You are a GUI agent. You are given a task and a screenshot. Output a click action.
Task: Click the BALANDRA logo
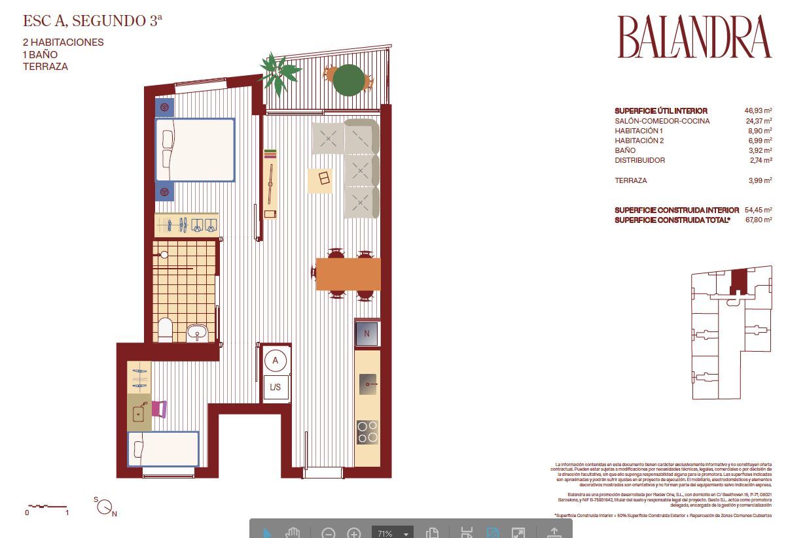point(694,37)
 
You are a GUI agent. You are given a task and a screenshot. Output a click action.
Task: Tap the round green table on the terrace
point(349,80)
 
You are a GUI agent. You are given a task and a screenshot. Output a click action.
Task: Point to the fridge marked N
point(367,334)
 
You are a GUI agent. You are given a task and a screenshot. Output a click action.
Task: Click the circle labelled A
point(276,360)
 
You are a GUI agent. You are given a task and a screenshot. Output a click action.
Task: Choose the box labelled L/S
point(276,387)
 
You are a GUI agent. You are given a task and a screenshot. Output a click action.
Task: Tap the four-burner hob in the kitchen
point(367,432)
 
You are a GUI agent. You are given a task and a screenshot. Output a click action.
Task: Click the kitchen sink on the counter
point(368,384)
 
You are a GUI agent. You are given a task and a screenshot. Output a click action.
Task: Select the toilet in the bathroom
point(165,330)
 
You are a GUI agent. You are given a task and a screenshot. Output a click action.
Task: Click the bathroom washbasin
point(197,333)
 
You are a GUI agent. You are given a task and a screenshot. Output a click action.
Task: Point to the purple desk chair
point(160,409)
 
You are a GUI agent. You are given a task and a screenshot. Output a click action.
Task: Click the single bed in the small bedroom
point(164,449)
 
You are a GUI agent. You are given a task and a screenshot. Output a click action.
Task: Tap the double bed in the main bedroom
point(195,150)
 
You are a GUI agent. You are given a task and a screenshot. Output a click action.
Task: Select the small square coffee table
point(320,180)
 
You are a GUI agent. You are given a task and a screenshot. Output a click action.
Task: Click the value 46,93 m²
point(758,111)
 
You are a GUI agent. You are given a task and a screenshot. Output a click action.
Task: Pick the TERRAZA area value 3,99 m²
point(758,180)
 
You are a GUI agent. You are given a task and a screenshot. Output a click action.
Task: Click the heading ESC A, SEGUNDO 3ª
point(92,21)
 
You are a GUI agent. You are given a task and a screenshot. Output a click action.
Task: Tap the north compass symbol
point(105,507)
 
